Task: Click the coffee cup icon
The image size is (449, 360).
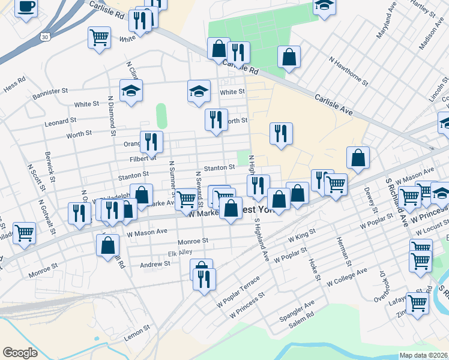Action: pos(26,7)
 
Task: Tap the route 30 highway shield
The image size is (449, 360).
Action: pos(45,37)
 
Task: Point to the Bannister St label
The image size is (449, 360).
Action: pos(47,92)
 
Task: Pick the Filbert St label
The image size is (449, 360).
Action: pos(143,158)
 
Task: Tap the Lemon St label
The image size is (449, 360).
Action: pos(137,331)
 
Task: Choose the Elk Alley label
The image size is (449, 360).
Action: pos(180,253)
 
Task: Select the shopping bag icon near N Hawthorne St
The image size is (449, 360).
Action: pos(289,58)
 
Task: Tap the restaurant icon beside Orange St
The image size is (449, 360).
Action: pos(151,142)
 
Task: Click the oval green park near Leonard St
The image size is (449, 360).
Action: pos(161,116)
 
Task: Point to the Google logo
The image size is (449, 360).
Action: pos(20,353)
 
